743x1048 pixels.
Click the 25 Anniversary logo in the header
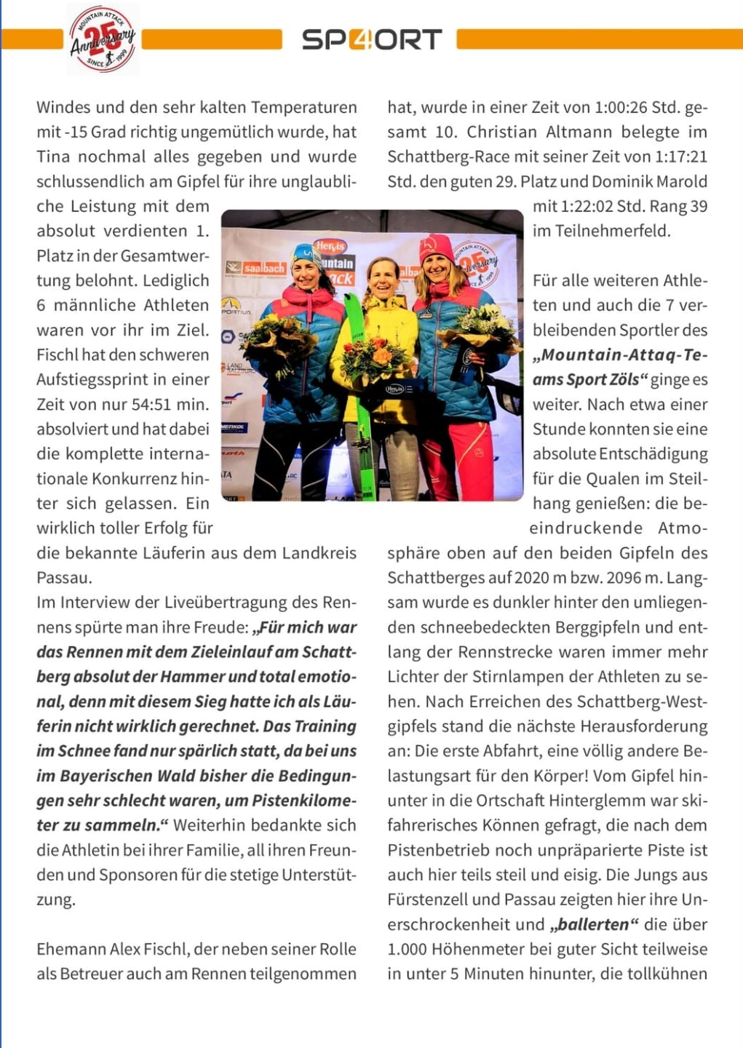103,39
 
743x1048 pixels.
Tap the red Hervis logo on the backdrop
330,247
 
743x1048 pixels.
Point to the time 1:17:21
680,157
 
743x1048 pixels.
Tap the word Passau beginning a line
64,578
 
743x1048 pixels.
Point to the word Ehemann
71,950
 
